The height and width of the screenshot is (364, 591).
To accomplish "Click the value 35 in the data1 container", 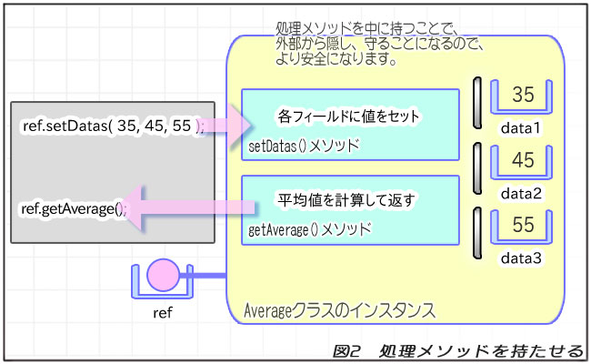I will (x=523, y=96).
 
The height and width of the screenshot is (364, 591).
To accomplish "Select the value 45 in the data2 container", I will (x=523, y=161).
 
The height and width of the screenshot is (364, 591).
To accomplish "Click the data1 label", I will (x=521, y=128).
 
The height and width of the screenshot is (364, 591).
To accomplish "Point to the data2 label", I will (x=521, y=193).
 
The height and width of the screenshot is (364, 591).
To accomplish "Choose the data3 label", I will (x=521, y=258).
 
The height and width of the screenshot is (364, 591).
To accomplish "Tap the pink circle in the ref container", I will (x=165, y=274).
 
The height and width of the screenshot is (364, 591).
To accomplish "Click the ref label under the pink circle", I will (x=165, y=313).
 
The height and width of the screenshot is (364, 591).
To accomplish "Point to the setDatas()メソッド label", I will (x=304, y=146).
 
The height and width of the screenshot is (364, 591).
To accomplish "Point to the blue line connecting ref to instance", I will (x=204, y=276).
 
